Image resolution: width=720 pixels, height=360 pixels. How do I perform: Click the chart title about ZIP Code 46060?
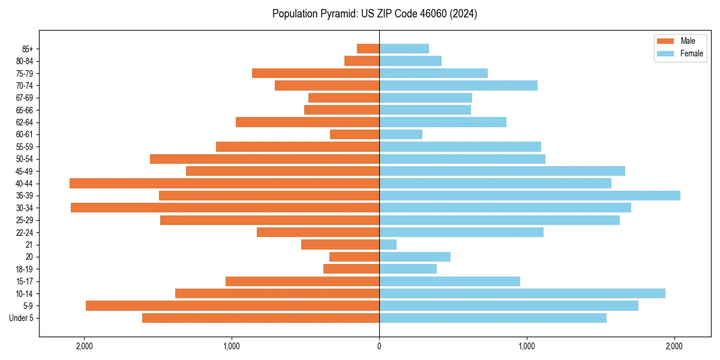(x=374, y=14)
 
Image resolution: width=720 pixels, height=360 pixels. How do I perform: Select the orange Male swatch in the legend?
(x=665, y=41)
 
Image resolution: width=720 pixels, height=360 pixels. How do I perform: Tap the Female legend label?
(x=691, y=53)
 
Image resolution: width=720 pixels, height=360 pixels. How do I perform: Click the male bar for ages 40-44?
(x=224, y=183)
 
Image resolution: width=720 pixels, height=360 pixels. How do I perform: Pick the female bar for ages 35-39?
(x=530, y=196)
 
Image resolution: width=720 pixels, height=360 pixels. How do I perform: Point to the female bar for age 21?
(x=388, y=244)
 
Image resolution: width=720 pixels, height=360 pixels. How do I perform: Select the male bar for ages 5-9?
(x=232, y=305)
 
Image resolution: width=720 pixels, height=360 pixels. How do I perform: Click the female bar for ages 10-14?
(x=522, y=293)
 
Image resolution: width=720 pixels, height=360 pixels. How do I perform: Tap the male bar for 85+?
(x=368, y=49)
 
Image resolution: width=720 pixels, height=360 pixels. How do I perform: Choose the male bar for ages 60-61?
(x=355, y=134)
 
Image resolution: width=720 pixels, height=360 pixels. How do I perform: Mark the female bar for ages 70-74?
(x=458, y=85)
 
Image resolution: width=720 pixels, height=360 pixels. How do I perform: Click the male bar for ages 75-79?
(x=316, y=73)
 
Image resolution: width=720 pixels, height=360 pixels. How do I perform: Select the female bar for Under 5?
(x=493, y=318)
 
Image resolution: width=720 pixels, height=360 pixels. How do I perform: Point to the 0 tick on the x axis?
(x=379, y=346)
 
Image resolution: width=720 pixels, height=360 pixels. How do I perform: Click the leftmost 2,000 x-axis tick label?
(x=84, y=346)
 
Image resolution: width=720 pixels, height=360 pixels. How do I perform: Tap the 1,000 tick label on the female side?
(x=526, y=346)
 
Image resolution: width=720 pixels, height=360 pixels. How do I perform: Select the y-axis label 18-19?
(x=25, y=269)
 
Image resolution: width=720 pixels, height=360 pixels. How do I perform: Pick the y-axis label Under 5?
(x=22, y=318)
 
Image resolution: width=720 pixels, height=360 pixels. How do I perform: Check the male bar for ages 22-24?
(x=318, y=232)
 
